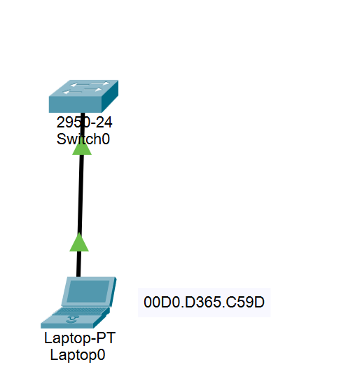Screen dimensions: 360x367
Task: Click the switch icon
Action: click(x=83, y=96)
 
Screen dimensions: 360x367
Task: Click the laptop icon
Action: click(x=78, y=303)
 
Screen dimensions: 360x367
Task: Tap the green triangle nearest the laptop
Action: click(x=79, y=242)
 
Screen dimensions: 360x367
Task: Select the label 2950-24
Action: click(x=84, y=122)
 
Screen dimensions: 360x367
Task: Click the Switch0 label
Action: click(x=83, y=139)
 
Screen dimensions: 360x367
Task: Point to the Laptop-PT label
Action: click(x=80, y=338)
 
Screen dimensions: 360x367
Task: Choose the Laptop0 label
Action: click(x=78, y=355)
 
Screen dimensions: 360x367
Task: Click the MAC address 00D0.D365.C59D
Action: click(x=204, y=302)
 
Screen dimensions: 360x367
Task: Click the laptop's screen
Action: click(x=88, y=291)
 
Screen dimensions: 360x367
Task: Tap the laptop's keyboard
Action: click(x=80, y=311)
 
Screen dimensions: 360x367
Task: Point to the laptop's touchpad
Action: click(x=72, y=319)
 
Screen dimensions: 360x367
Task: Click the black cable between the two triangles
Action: click(x=81, y=194)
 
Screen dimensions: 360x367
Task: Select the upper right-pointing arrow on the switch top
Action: click(x=100, y=83)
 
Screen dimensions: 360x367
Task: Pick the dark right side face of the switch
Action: click(x=110, y=96)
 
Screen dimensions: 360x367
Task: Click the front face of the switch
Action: click(x=76, y=104)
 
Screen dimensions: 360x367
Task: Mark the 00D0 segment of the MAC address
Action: click(x=162, y=302)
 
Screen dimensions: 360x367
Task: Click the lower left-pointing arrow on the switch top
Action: click(x=72, y=92)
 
